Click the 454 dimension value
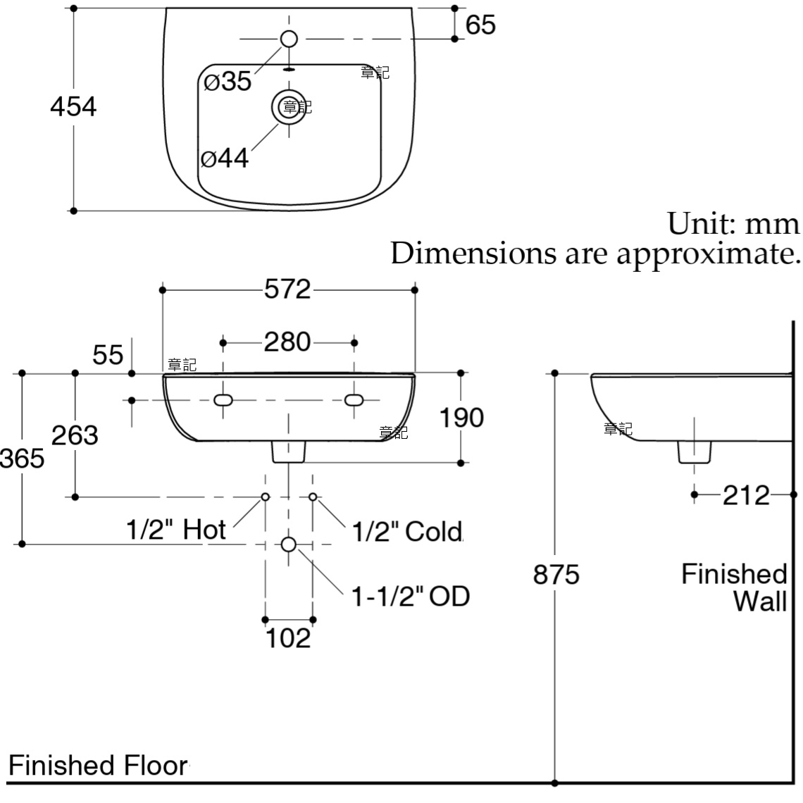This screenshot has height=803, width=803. pyautogui.click(x=73, y=107)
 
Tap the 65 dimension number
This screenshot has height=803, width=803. pyautogui.click(x=480, y=25)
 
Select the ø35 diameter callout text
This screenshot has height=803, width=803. pyautogui.click(x=228, y=82)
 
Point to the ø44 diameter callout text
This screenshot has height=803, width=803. pyautogui.click(x=225, y=158)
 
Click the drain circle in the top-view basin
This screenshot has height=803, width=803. pyautogui.click(x=288, y=107)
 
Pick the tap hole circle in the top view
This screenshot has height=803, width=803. pyautogui.click(x=289, y=39)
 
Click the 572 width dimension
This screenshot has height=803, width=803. pyautogui.click(x=287, y=290)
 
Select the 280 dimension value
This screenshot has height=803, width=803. pyautogui.click(x=287, y=342)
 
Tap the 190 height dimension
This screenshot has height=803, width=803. pyautogui.click(x=461, y=418)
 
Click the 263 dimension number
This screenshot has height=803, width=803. pyautogui.click(x=75, y=435)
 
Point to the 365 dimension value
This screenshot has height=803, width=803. pyautogui.click(x=23, y=459)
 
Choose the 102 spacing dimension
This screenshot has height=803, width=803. pyautogui.click(x=288, y=638)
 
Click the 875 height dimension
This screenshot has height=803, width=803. pyautogui.click(x=556, y=575)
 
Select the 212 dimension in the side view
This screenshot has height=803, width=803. pyautogui.click(x=746, y=495)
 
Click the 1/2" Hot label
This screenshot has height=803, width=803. pyautogui.click(x=176, y=530)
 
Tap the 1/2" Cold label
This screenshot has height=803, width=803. pyautogui.click(x=406, y=531)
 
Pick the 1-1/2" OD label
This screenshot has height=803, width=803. pyautogui.click(x=410, y=597)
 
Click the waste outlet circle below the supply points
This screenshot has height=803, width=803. pyautogui.click(x=288, y=544)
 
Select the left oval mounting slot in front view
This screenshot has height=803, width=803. pyautogui.click(x=223, y=400)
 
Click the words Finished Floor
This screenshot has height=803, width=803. pyautogui.click(x=98, y=765)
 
